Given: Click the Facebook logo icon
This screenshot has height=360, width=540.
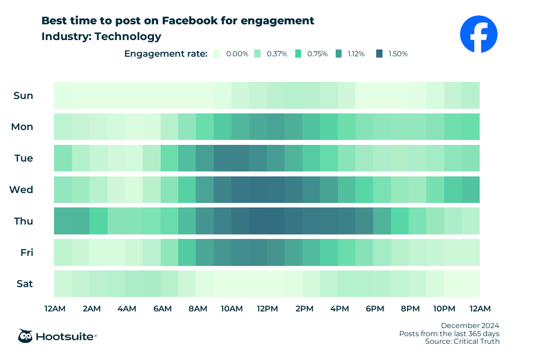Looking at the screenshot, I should (478, 34).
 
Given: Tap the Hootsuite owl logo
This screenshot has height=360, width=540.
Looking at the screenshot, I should (25, 336).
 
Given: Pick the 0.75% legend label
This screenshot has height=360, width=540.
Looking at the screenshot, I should (317, 54).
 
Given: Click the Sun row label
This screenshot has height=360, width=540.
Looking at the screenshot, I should (23, 95).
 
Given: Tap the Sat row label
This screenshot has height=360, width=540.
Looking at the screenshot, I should (24, 284).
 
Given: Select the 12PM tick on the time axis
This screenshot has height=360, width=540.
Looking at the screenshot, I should (267, 308).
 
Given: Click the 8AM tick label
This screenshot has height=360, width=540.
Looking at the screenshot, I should (198, 308).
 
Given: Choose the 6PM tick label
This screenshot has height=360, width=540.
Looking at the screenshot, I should (374, 308).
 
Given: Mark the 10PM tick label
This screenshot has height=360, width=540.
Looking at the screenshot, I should (444, 308).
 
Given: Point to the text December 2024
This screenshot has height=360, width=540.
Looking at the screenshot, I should (470, 325).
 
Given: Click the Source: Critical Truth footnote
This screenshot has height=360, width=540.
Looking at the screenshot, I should (462, 342).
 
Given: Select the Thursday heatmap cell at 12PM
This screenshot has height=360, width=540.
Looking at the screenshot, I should (275, 221).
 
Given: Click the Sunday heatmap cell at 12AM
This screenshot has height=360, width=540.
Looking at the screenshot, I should (63, 95).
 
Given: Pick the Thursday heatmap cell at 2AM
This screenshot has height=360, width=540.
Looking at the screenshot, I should (98, 221).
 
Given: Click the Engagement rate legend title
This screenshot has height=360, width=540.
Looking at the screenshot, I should (166, 54).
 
